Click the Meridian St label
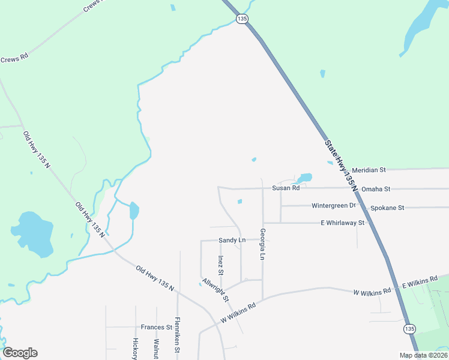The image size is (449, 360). tap(369, 170)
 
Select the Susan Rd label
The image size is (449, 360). tap(286, 188)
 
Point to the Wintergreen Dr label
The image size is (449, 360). tap(334, 206)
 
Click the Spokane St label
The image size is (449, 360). tap(387, 208)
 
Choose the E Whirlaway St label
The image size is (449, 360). tap(342, 223)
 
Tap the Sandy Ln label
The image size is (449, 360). tap(232, 240)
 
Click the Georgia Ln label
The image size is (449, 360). tap(262, 244)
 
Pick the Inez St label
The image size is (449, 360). tap(221, 265)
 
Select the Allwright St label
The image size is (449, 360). tap(215, 290)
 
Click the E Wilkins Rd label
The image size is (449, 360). tap(421, 283)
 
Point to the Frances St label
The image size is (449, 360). tap(157, 327)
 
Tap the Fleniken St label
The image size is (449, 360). tap(177, 334)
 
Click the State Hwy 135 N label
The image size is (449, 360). tap(340, 166)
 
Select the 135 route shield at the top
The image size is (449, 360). tap(242, 19)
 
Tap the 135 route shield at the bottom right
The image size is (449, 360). tap(409, 329)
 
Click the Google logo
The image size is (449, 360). tap(20, 353)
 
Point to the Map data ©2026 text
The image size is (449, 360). tap(423, 355)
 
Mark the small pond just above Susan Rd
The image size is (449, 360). tap(304, 178)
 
